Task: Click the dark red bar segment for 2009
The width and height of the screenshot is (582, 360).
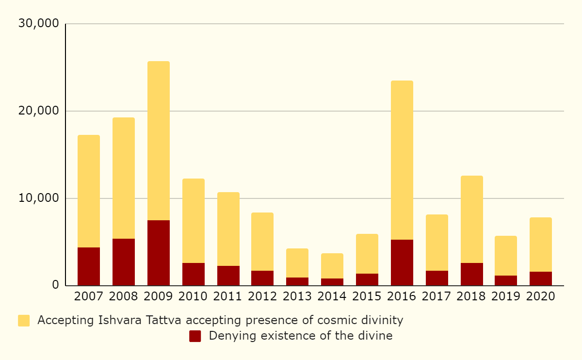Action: (159, 253)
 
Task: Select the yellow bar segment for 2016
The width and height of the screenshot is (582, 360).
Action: (402, 160)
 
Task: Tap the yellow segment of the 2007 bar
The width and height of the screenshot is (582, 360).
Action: (89, 191)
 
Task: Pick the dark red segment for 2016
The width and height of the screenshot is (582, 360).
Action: (402, 262)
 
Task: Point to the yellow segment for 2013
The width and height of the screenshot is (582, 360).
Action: (297, 263)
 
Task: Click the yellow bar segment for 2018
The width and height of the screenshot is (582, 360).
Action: (472, 219)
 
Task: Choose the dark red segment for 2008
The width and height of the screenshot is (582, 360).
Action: (124, 262)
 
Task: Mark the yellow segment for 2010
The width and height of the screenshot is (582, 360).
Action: (194, 221)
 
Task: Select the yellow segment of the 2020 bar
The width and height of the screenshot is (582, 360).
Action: (541, 245)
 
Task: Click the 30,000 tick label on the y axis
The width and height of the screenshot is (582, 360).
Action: (38, 23)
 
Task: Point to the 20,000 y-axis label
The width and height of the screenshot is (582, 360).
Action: (38, 111)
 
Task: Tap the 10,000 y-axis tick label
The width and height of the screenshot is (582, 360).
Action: (38, 198)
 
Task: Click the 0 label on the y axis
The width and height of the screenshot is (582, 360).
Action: (56, 285)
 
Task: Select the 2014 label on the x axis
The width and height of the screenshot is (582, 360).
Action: (332, 296)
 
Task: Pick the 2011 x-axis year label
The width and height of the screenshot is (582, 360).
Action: (228, 296)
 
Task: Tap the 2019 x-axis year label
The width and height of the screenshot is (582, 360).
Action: (506, 296)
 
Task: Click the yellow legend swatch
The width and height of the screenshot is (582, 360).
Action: (24, 320)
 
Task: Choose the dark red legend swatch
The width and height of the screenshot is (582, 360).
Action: (195, 336)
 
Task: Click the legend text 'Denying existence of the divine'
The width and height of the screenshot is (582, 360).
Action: (301, 336)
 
